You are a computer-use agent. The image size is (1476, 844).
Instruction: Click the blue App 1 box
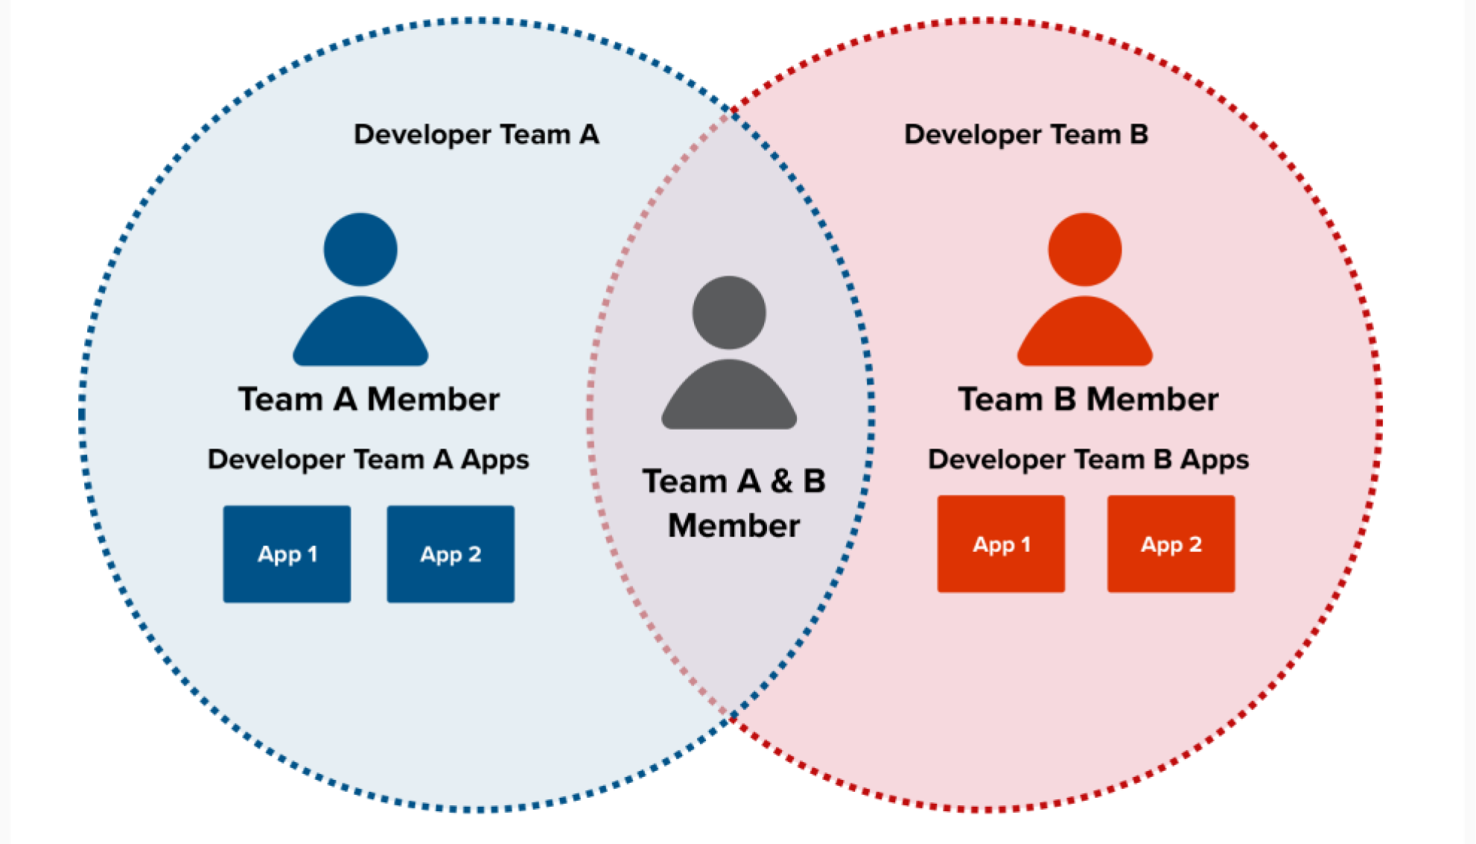click(x=287, y=554)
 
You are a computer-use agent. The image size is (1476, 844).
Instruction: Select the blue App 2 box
click(x=451, y=554)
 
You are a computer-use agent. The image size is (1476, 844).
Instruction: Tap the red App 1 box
click(x=1001, y=544)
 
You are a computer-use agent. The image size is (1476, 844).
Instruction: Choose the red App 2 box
click(x=1171, y=544)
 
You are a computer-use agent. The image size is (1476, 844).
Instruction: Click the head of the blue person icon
click(x=360, y=250)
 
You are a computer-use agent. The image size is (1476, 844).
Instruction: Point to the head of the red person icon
click(x=1085, y=250)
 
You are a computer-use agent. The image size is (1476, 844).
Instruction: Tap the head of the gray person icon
click(x=729, y=313)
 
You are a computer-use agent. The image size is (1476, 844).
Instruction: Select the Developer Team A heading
click(x=476, y=135)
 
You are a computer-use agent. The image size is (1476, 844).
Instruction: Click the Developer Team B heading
click(x=1025, y=135)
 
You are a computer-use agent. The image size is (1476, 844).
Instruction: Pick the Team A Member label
click(x=369, y=399)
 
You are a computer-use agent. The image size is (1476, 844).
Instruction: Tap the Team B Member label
click(x=1088, y=399)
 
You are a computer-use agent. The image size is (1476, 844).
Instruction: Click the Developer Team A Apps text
click(x=368, y=460)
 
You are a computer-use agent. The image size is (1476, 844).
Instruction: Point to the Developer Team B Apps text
click(x=1088, y=460)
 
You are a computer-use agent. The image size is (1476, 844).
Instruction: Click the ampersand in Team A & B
click(x=781, y=481)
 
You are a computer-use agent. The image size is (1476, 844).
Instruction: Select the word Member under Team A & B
click(x=734, y=526)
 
